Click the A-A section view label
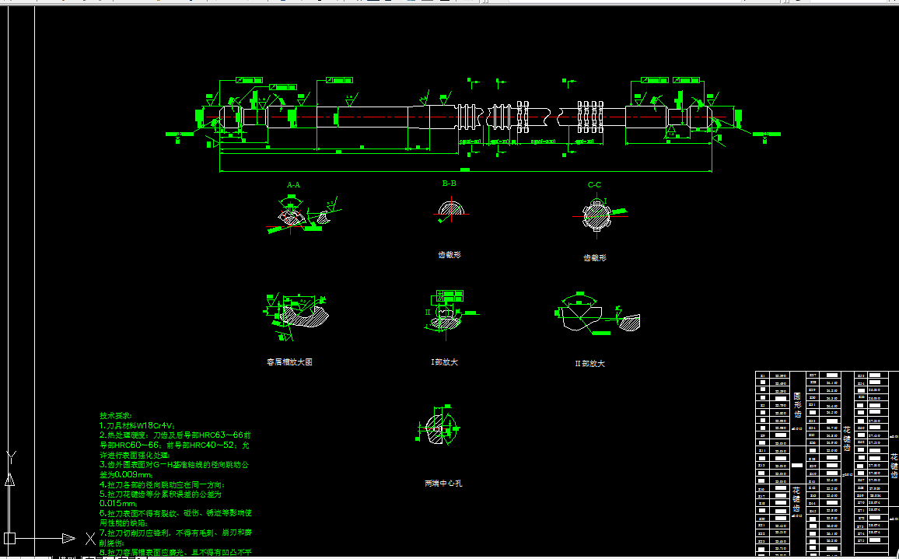click(x=293, y=185)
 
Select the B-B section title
click(x=449, y=183)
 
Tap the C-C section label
click(x=594, y=185)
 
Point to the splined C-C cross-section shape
click(x=596, y=215)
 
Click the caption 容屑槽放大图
click(x=289, y=362)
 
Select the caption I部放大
click(x=444, y=362)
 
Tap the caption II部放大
click(x=589, y=363)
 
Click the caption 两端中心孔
click(x=443, y=484)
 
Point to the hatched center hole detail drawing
click(x=441, y=428)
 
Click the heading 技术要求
click(x=117, y=417)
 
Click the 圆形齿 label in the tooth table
click(x=797, y=404)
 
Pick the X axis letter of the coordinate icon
click(x=89, y=537)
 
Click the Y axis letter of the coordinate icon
click(x=10, y=456)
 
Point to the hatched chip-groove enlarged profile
click(x=299, y=315)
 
